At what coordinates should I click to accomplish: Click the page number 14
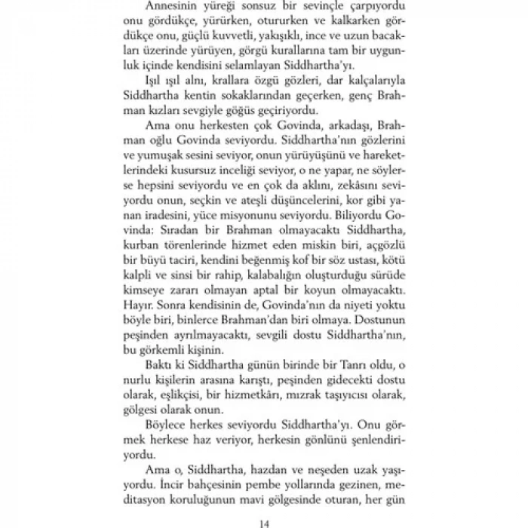(x=263, y=517)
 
